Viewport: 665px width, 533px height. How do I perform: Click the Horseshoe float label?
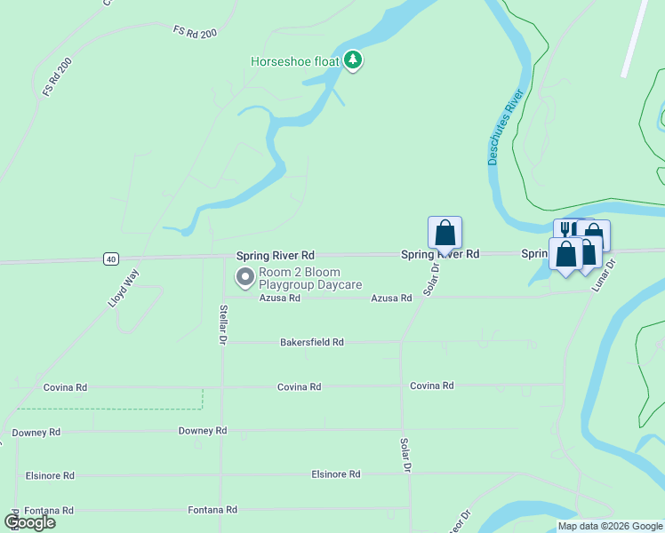297,61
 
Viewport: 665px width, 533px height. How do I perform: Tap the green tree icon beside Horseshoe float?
355,60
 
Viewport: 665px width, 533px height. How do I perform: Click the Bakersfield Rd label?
311,342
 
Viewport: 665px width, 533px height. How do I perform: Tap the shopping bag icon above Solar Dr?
445,234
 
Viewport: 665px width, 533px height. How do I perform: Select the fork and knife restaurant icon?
565,229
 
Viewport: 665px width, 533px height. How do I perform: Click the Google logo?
30,522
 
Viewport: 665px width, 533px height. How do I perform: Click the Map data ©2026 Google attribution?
610,526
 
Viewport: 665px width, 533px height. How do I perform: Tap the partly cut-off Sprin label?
534,254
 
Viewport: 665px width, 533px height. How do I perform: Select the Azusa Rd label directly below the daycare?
280,298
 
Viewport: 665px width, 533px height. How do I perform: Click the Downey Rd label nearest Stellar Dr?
203,431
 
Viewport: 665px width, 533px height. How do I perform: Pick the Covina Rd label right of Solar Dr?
432,386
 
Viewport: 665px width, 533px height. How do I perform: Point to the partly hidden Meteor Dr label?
461,521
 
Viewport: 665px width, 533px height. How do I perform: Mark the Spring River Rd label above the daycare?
275,255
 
